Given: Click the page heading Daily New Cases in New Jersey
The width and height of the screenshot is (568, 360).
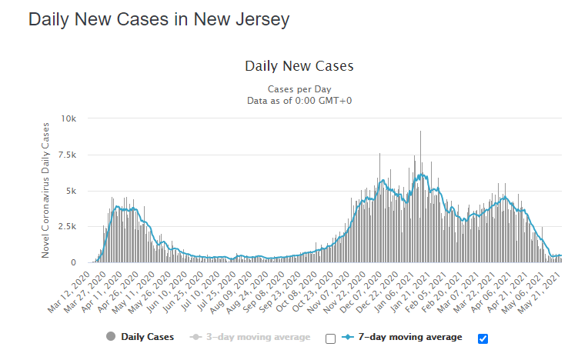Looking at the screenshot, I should pos(159,19).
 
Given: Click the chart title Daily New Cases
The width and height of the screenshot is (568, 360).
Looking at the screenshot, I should pos(299,66).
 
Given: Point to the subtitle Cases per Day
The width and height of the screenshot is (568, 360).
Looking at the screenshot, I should pos(299,88).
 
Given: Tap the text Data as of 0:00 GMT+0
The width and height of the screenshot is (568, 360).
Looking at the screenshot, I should pos(299,100).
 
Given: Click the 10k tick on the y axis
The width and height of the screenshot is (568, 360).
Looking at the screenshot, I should pos(69,118).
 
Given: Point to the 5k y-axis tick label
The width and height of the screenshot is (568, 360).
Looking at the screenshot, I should pos(72,191).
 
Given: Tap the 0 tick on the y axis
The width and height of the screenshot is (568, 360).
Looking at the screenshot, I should pos(75,263).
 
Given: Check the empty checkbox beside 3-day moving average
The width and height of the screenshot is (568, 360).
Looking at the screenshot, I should pos(330,338).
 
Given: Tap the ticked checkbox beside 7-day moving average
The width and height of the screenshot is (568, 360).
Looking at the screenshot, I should pos(483,338).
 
